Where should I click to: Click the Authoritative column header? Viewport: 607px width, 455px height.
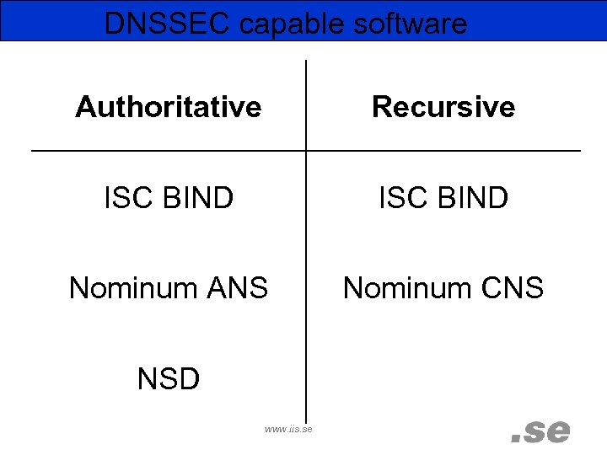pos(168,107)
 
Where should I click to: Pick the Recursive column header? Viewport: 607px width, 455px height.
pos(443,107)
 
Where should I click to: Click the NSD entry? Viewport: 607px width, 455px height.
pos(168,379)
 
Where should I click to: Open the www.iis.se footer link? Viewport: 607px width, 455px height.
pos(288,429)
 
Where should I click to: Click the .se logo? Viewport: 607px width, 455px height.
pos(540,431)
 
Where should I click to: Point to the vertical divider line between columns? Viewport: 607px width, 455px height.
pos(305,253)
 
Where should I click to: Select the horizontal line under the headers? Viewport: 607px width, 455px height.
pos(169,151)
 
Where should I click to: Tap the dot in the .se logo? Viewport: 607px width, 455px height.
pos(516,439)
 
